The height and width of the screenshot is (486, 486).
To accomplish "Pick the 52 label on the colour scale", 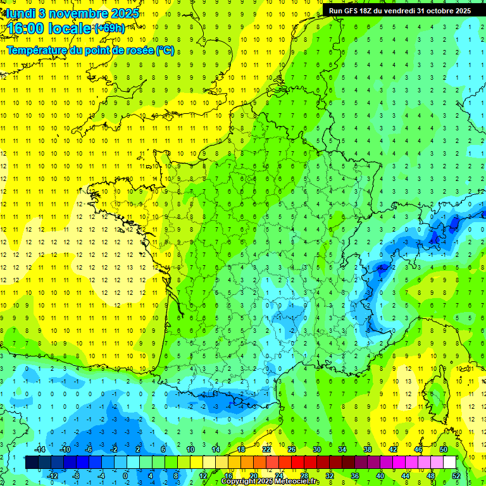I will [456, 475].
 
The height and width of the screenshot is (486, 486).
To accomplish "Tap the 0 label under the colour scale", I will [125, 475].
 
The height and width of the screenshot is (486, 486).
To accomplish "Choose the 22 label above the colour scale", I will [266, 449].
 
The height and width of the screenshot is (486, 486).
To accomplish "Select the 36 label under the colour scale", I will [355, 475].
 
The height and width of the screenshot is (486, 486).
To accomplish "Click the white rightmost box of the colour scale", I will [450, 463].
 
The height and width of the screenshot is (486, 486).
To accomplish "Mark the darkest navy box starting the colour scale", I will [32, 463].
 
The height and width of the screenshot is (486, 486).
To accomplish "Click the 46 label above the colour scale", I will [418, 449].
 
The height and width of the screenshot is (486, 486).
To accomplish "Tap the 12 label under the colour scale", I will [202, 475].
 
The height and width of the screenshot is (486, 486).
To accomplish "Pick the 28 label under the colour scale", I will [304, 475].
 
